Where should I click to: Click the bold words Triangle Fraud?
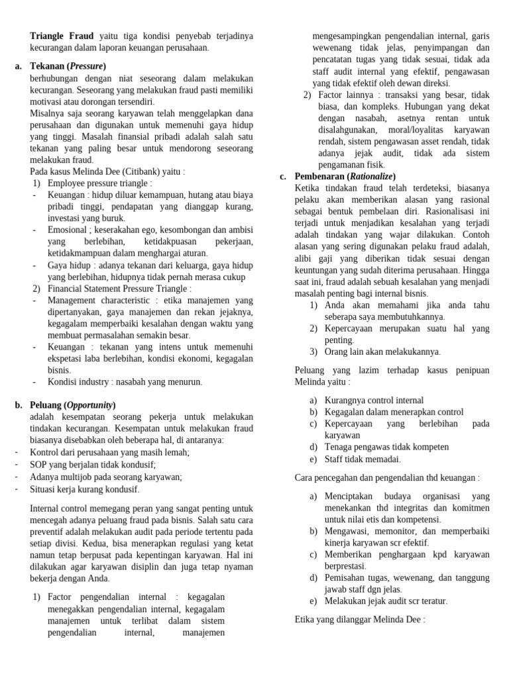tap(62, 36)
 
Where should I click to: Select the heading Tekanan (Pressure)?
tap(68, 66)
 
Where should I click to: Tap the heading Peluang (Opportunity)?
tap(73, 405)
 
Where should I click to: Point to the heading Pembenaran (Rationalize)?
tap(345, 176)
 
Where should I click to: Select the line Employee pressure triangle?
tap(99, 183)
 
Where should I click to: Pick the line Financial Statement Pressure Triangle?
tap(119, 289)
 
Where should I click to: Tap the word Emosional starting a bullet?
tap(67, 230)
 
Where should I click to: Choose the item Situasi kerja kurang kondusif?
tap(85, 489)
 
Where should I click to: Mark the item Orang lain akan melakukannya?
tap(382, 352)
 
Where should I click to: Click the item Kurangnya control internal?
tap(374, 400)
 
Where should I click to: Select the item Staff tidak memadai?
tap(363, 459)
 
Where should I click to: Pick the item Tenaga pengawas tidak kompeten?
tap(386, 447)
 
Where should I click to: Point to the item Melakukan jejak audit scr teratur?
tap(386, 601)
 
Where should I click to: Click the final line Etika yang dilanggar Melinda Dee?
tap(359, 620)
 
